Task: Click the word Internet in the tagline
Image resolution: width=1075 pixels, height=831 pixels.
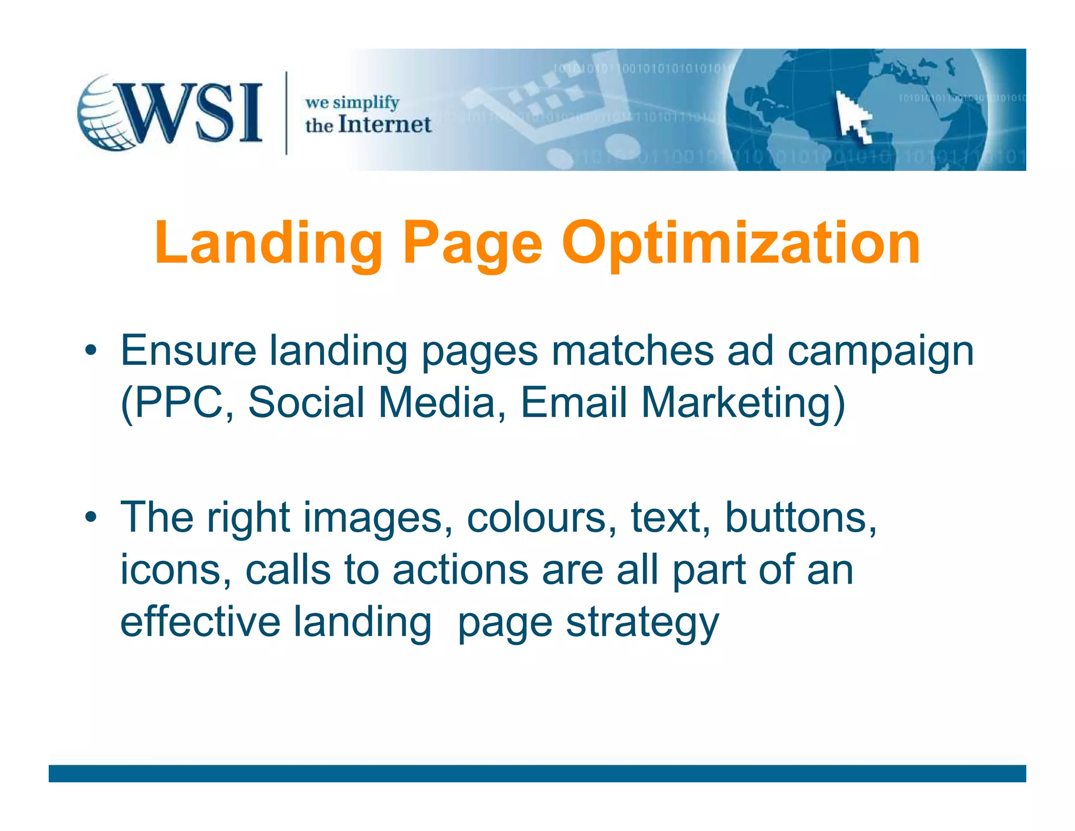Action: [385, 125]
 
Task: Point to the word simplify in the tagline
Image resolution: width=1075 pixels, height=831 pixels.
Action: [366, 103]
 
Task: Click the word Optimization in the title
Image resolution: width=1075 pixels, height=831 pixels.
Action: [741, 243]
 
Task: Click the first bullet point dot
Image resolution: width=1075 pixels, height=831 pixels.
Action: [91, 350]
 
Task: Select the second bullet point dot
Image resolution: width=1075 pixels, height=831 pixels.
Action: [91, 517]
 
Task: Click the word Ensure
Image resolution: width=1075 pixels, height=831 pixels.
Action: [188, 350]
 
